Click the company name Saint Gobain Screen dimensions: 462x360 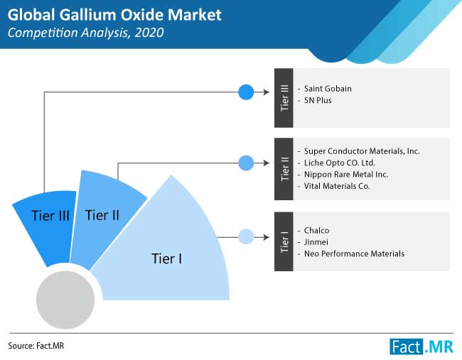[328, 89]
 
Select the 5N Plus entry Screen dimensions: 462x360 [318, 100]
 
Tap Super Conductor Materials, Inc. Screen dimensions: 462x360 [362, 151]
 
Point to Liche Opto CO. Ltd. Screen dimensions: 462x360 [340, 163]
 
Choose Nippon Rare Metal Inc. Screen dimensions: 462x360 [346, 174]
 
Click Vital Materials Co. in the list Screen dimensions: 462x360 [337, 186]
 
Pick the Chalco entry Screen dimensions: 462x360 [316, 230]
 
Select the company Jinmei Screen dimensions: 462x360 [316, 242]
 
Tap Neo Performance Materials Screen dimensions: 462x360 [354, 253]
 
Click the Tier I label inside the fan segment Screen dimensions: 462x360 [167, 258]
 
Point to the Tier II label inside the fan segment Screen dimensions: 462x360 [102, 215]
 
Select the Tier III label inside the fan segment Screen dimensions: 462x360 [50, 216]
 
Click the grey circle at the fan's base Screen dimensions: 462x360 [65, 300]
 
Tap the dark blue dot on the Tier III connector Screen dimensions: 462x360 [246, 92]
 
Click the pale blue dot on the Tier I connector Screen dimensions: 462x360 [246, 236]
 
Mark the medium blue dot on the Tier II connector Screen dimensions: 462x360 [246, 163]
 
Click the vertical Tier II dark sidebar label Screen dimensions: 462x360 [284, 169]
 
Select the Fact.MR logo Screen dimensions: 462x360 [421, 347]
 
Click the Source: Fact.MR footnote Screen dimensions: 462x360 [36, 346]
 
